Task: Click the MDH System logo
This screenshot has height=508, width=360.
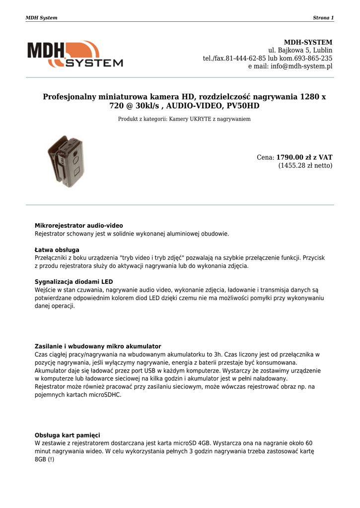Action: (75, 54)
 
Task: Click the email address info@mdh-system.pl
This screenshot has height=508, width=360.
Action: (301, 66)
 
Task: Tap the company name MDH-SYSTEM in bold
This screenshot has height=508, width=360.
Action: (308, 43)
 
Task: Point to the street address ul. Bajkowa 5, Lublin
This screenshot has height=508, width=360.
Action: (300, 51)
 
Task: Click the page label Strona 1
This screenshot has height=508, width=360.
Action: (323, 18)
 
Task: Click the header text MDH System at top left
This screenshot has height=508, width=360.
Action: (41, 18)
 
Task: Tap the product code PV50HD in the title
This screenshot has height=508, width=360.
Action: (243, 106)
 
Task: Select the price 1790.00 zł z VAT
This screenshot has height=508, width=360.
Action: (304, 157)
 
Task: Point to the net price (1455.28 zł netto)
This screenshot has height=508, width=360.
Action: (305, 166)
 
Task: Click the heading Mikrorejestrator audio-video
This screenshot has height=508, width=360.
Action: (78, 226)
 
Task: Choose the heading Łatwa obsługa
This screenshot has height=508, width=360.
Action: (57, 250)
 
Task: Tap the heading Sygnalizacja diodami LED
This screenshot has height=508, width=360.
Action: (73, 282)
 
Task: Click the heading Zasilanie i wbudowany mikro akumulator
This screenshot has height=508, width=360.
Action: (98, 346)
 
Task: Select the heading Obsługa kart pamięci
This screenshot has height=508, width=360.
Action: (68, 435)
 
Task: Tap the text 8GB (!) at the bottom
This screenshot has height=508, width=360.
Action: (44, 459)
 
